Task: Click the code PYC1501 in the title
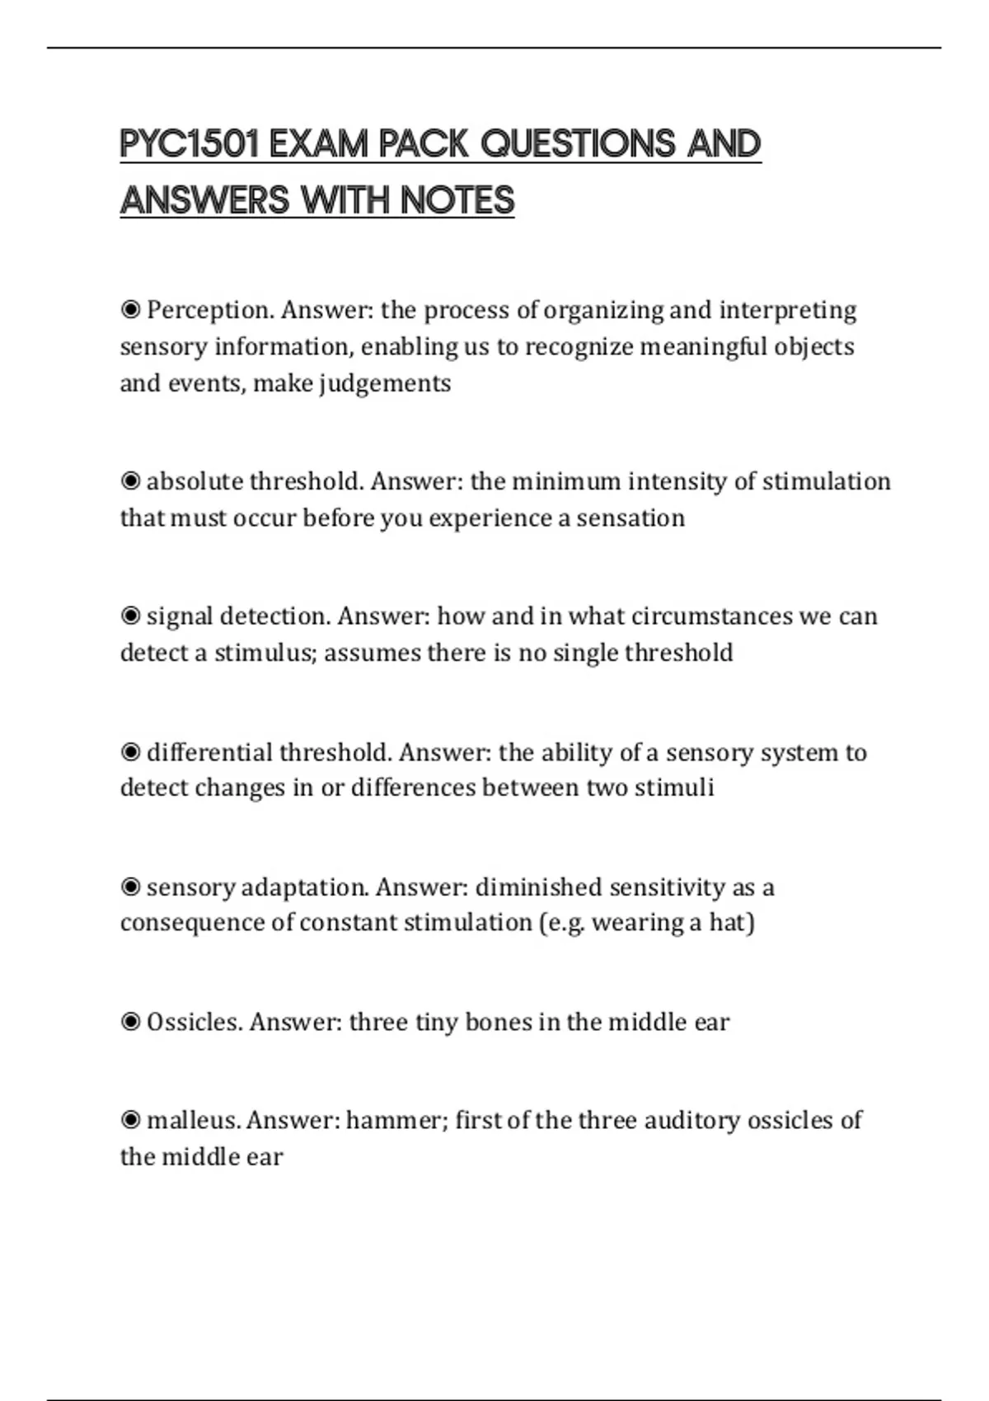pos(190,144)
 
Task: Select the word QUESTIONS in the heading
pos(578,144)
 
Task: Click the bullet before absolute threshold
pos(130,481)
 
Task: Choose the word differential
pos(209,752)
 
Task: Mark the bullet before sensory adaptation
pos(130,888)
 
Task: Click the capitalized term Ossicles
pos(194,1023)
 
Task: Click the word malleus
pos(193,1121)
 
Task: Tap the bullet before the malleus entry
pos(130,1121)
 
